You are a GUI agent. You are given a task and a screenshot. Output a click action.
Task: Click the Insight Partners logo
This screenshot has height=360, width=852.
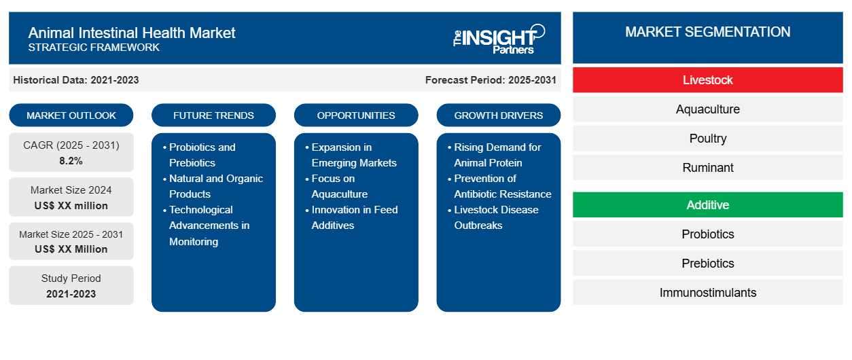[x=499, y=38]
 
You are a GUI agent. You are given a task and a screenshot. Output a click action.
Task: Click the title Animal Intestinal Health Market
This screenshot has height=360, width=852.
[x=132, y=32]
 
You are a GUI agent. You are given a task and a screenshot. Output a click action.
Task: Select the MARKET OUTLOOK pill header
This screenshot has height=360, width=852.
[x=71, y=115]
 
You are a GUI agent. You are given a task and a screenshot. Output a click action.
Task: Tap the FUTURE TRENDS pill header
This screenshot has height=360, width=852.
[x=213, y=115]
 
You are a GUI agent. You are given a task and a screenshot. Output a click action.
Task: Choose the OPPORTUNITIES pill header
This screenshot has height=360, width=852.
[x=356, y=115]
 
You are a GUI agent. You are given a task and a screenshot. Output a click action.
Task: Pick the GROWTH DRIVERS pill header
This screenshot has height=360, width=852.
[x=499, y=115]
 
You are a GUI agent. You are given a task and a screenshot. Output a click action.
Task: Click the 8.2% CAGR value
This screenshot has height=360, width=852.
[x=71, y=161]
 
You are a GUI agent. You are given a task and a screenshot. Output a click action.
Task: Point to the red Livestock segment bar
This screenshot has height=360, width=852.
[x=707, y=80]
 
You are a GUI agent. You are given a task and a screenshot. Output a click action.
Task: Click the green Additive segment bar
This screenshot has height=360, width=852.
[x=707, y=205]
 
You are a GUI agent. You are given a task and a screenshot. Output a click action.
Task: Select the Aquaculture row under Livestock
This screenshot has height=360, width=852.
[x=707, y=109]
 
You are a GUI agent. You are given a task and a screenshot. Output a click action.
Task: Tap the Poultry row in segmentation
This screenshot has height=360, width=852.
[x=707, y=139]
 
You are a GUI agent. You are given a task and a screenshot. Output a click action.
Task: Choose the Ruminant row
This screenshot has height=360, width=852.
[x=707, y=168]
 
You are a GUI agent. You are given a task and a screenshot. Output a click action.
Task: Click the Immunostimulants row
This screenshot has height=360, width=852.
[x=707, y=293]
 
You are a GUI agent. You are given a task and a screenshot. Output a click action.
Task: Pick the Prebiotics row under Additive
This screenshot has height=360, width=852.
[x=707, y=264]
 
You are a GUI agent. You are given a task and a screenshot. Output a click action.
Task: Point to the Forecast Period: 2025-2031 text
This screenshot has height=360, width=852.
[x=491, y=80]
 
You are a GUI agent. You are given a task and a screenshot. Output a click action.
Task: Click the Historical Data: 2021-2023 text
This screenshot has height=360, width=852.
[x=76, y=80]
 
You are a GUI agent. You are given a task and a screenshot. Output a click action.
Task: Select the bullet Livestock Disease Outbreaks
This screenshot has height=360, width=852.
[x=496, y=217]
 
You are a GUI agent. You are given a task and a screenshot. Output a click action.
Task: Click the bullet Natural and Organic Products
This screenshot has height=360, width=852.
[x=215, y=186]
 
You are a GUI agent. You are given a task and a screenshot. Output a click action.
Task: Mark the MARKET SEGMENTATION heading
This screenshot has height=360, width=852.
[x=707, y=32]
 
